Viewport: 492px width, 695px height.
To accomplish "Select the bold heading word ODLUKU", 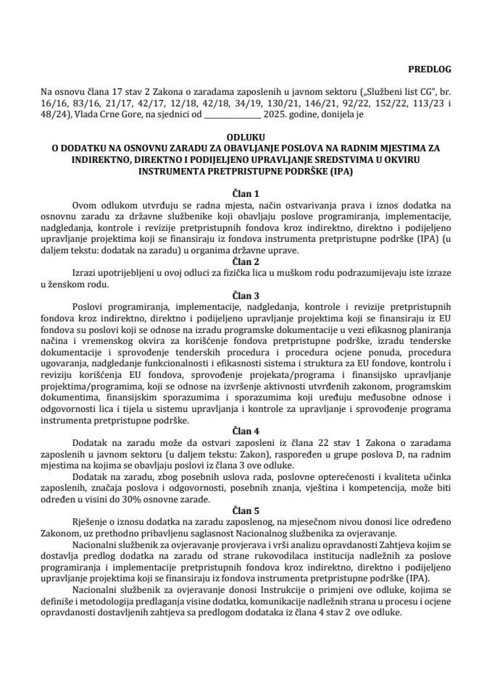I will [246, 136].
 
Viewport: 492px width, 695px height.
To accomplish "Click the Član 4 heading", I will [246, 428].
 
